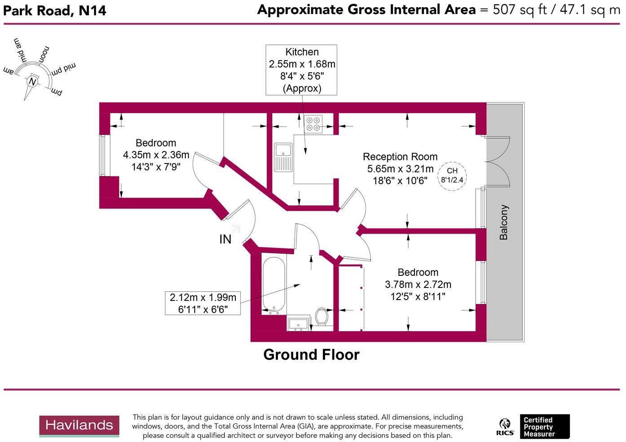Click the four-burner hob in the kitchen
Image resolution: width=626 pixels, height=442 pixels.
click(x=313, y=124)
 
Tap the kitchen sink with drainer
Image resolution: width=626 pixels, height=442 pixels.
click(x=283, y=157)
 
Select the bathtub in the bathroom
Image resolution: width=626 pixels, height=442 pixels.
click(x=273, y=285)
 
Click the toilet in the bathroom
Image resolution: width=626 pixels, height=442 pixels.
click(x=322, y=316)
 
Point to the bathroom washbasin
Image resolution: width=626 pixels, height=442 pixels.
click(x=298, y=324)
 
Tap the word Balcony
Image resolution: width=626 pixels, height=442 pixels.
click(x=504, y=222)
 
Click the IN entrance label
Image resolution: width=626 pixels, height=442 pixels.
click(x=225, y=239)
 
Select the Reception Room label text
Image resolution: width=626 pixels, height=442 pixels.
click(x=400, y=157)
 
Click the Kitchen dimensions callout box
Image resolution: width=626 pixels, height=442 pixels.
click(x=301, y=70)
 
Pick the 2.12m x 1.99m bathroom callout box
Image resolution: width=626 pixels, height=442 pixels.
click(x=203, y=303)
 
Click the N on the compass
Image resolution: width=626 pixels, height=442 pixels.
click(x=32, y=82)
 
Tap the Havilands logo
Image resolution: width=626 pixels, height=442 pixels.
click(x=79, y=426)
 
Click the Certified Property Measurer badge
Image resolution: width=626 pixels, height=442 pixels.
click(x=544, y=427)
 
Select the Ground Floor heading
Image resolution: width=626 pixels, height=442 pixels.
click(x=311, y=355)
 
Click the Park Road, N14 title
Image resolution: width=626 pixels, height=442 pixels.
click(x=55, y=10)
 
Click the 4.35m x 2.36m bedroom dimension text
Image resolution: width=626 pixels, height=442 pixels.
click(x=156, y=155)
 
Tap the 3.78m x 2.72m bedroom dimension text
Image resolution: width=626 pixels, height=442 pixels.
click(x=418, y=285)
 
